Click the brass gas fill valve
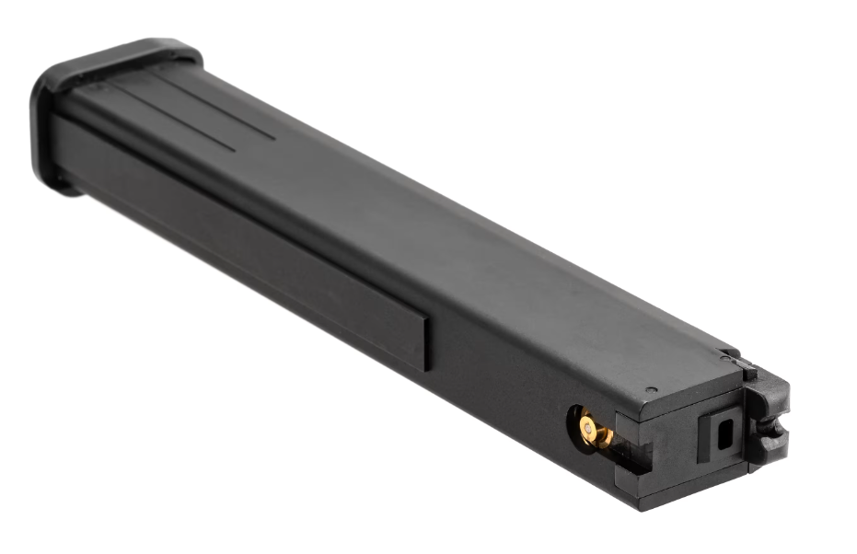(x=592, y=430)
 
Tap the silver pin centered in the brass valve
(x=586, y=427)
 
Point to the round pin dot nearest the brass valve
(x=651, y=390)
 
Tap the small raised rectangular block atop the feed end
(x=749, y=371)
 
